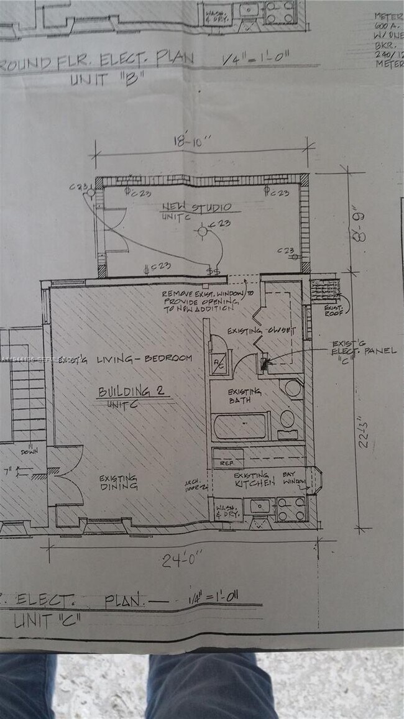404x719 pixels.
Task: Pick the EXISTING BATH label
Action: point(244,396)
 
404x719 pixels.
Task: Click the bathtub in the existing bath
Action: point(241,426)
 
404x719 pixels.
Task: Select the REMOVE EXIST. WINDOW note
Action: point(207,300)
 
